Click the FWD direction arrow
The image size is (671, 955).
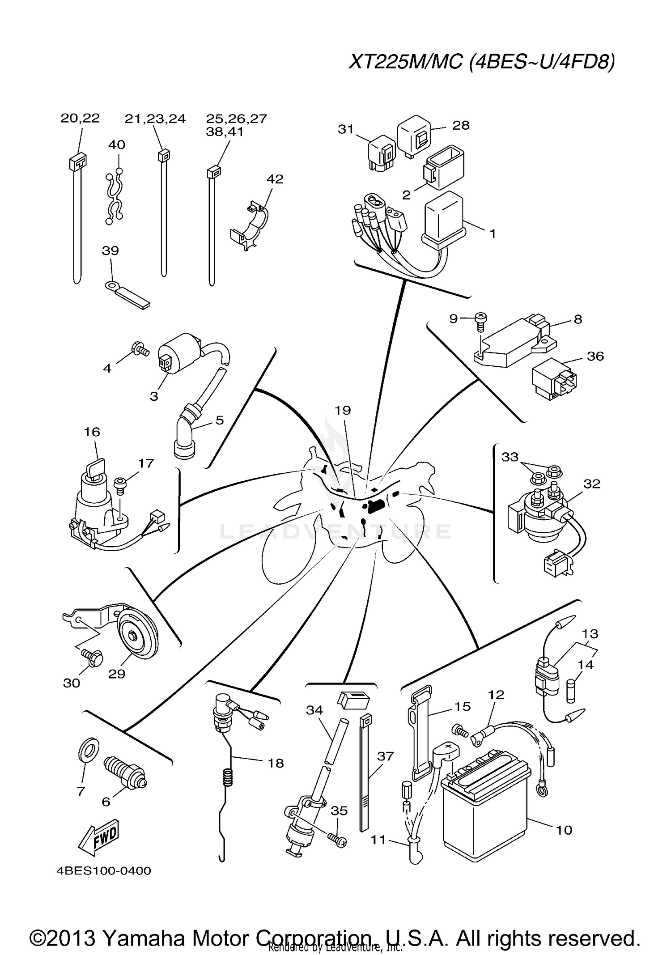99,835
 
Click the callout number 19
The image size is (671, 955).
343,410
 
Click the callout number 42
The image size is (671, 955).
275,179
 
